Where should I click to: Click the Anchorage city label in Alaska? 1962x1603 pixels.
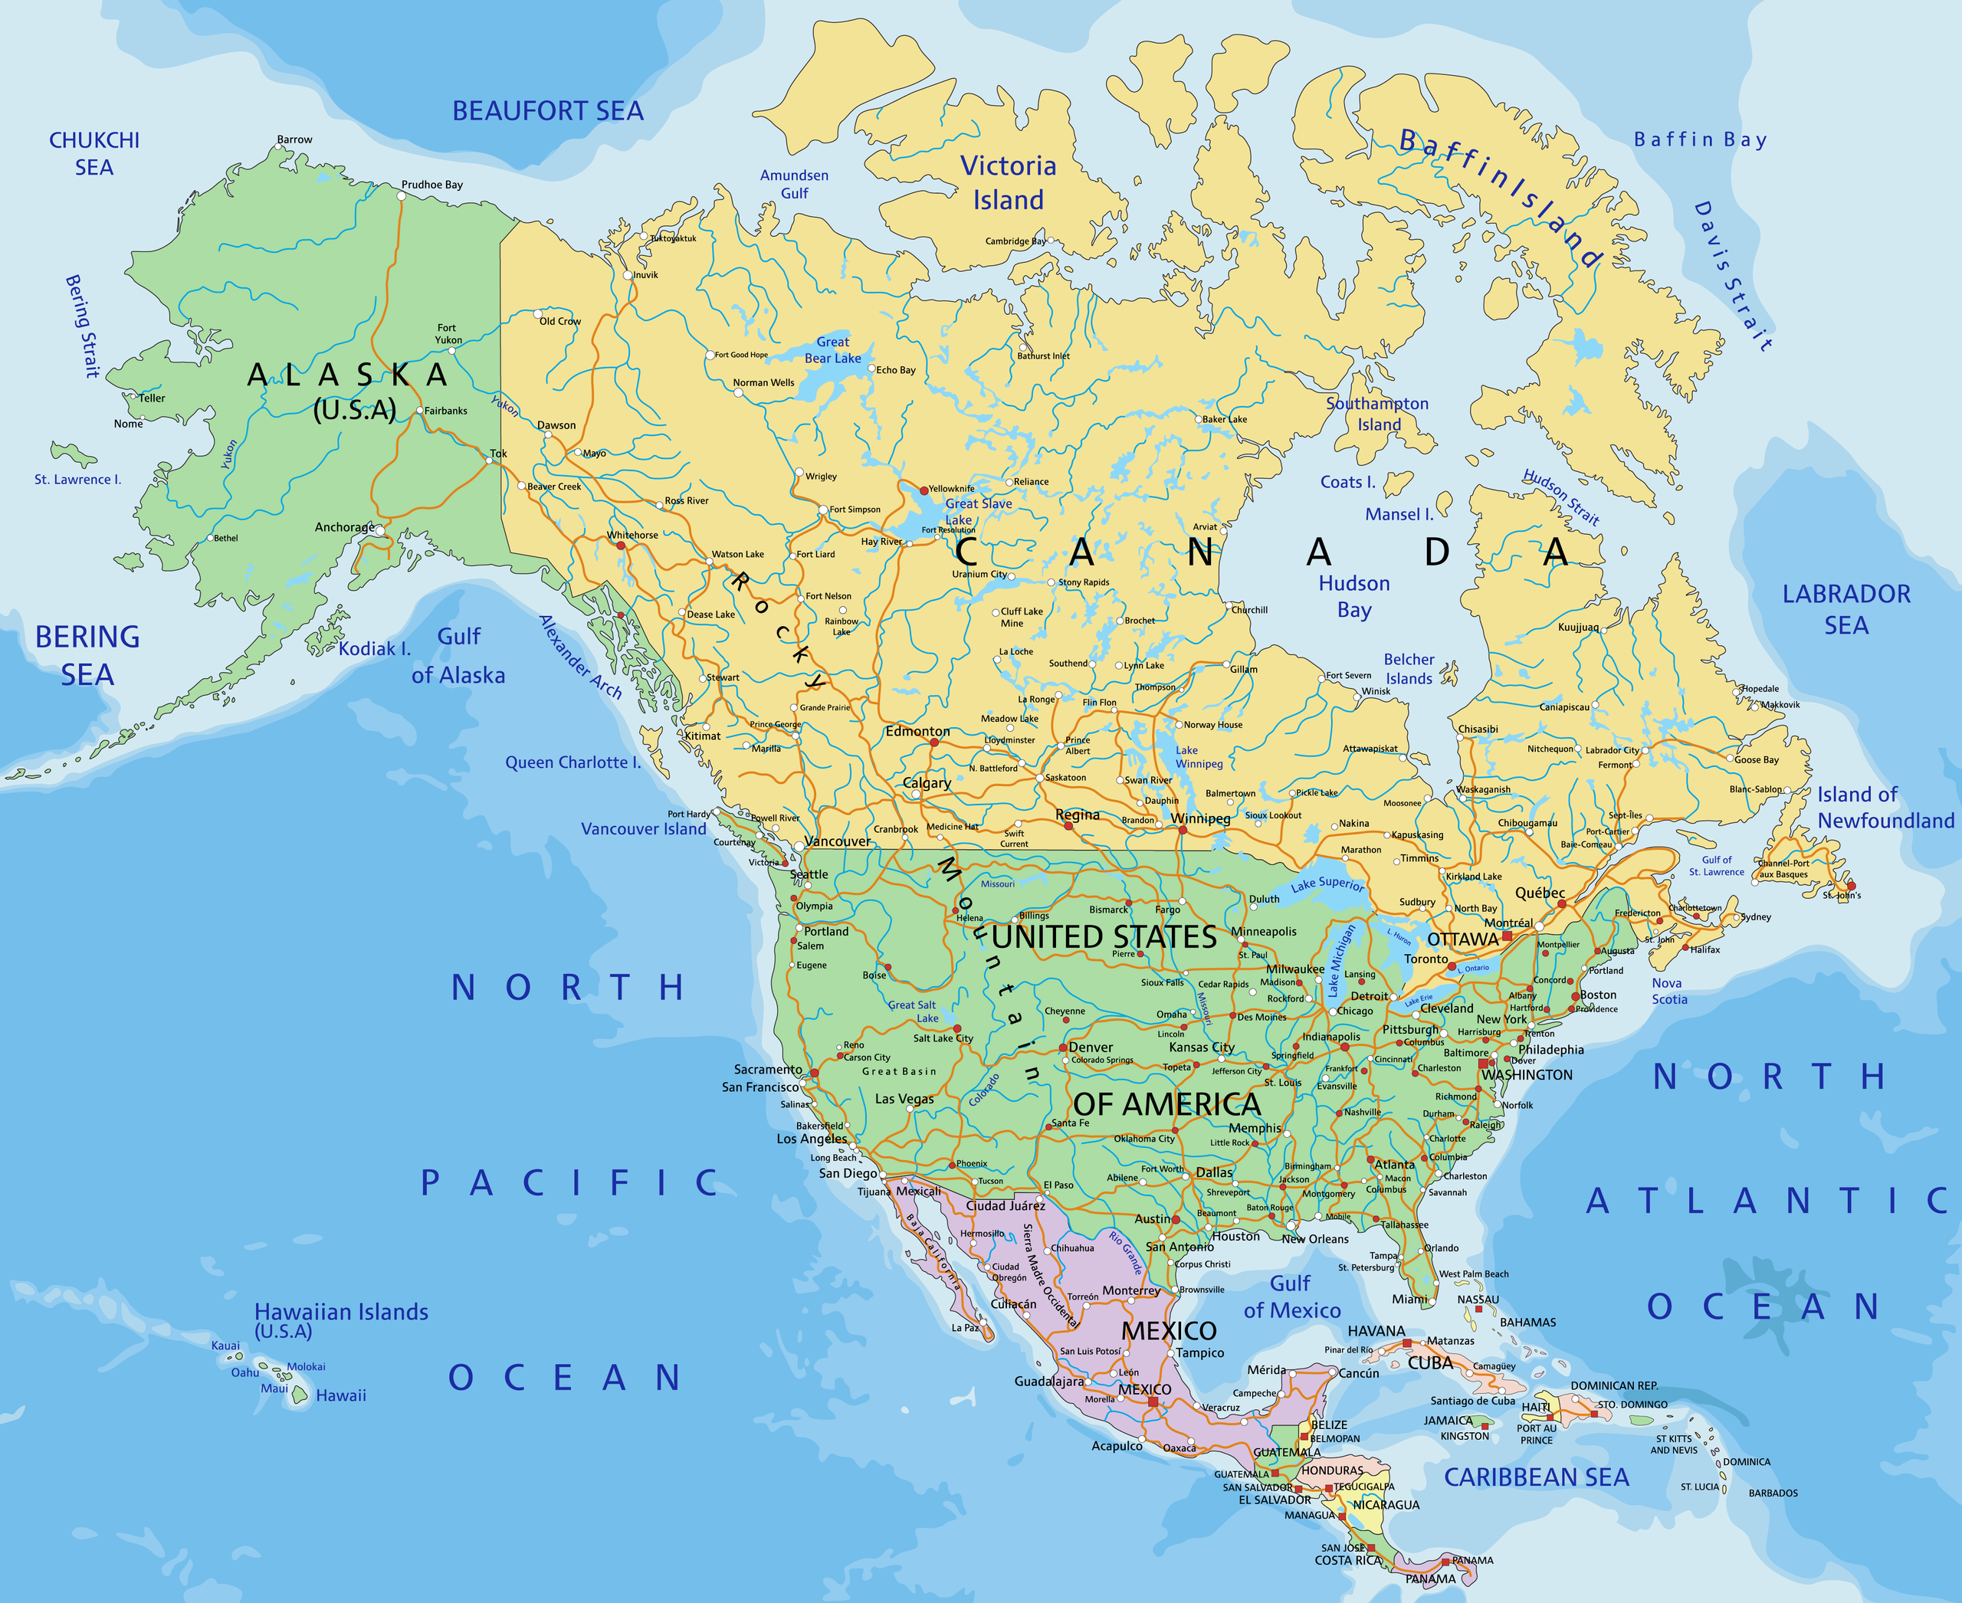pos(343,527)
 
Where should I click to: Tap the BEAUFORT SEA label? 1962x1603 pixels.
pos(547,111)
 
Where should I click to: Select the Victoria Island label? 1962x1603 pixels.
pos(1008,183)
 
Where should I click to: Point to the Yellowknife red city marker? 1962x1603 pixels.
pos(924,490)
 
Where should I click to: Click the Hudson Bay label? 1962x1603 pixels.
pos(1353,596)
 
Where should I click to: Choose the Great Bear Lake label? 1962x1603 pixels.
pos(832,350)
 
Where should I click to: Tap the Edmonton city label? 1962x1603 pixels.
pos(917,731)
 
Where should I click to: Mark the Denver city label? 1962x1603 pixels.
pos(1090,1047)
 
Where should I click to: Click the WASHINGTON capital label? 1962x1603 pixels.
pos(1526,1075)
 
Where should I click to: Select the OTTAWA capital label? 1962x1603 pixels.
pos(1462,939)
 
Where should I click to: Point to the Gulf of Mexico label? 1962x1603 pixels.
pos(1291,1296)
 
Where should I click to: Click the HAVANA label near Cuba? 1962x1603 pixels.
pos(1376,1331)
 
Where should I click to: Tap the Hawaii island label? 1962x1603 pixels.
pos(341,1395)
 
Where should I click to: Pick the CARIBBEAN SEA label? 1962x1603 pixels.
pos(1536,1477)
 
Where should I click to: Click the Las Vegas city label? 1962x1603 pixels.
pos(904,1099)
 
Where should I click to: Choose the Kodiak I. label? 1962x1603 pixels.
pos(373,649)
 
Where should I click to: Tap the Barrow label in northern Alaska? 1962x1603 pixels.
pos(294,139)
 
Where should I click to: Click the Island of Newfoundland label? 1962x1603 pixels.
pos(1885,807)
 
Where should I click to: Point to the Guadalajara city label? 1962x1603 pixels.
pos(1048,1382)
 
